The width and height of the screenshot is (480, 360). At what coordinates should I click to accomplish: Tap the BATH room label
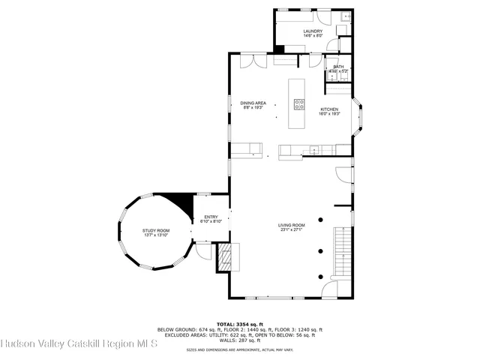coord(339,67)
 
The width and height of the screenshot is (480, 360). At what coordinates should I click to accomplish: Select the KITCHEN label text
coord(329,109)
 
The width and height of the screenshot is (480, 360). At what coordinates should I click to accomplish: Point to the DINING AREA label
coord(253,103)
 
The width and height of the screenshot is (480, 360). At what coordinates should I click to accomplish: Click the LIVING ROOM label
coord(292,225)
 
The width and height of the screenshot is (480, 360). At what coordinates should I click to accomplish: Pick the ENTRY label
coord(211,217)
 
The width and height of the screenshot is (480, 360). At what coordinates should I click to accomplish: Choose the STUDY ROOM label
coord(156,230)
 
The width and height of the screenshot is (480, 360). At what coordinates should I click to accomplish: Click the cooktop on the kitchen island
coord(299,104)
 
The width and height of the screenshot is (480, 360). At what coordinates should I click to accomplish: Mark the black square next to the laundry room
coord(280,49)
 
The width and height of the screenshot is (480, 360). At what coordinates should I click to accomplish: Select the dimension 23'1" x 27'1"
coord(292,229)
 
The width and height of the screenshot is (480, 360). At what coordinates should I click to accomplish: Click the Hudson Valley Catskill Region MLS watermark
coord(79,344)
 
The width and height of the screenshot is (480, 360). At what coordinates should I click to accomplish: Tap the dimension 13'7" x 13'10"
coord(156,235)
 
